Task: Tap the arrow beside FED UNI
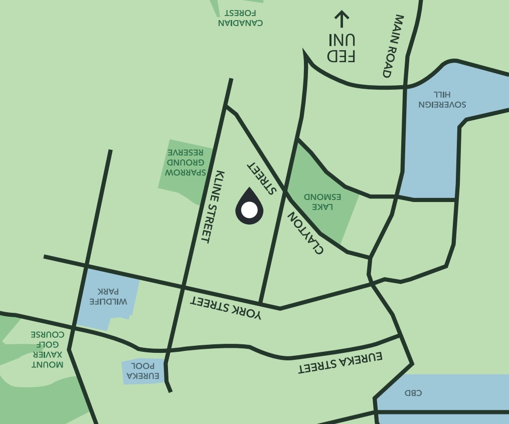click(x=342, y=19)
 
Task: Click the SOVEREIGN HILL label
click(x=442, y=100)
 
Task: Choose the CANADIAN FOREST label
click(x=240, y=18)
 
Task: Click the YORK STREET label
click(x=226, y=307)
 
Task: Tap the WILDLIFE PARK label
click(x=108, y=296)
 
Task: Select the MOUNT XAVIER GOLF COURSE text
click(x=47, y=349)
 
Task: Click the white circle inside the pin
click(x=249, y=209)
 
